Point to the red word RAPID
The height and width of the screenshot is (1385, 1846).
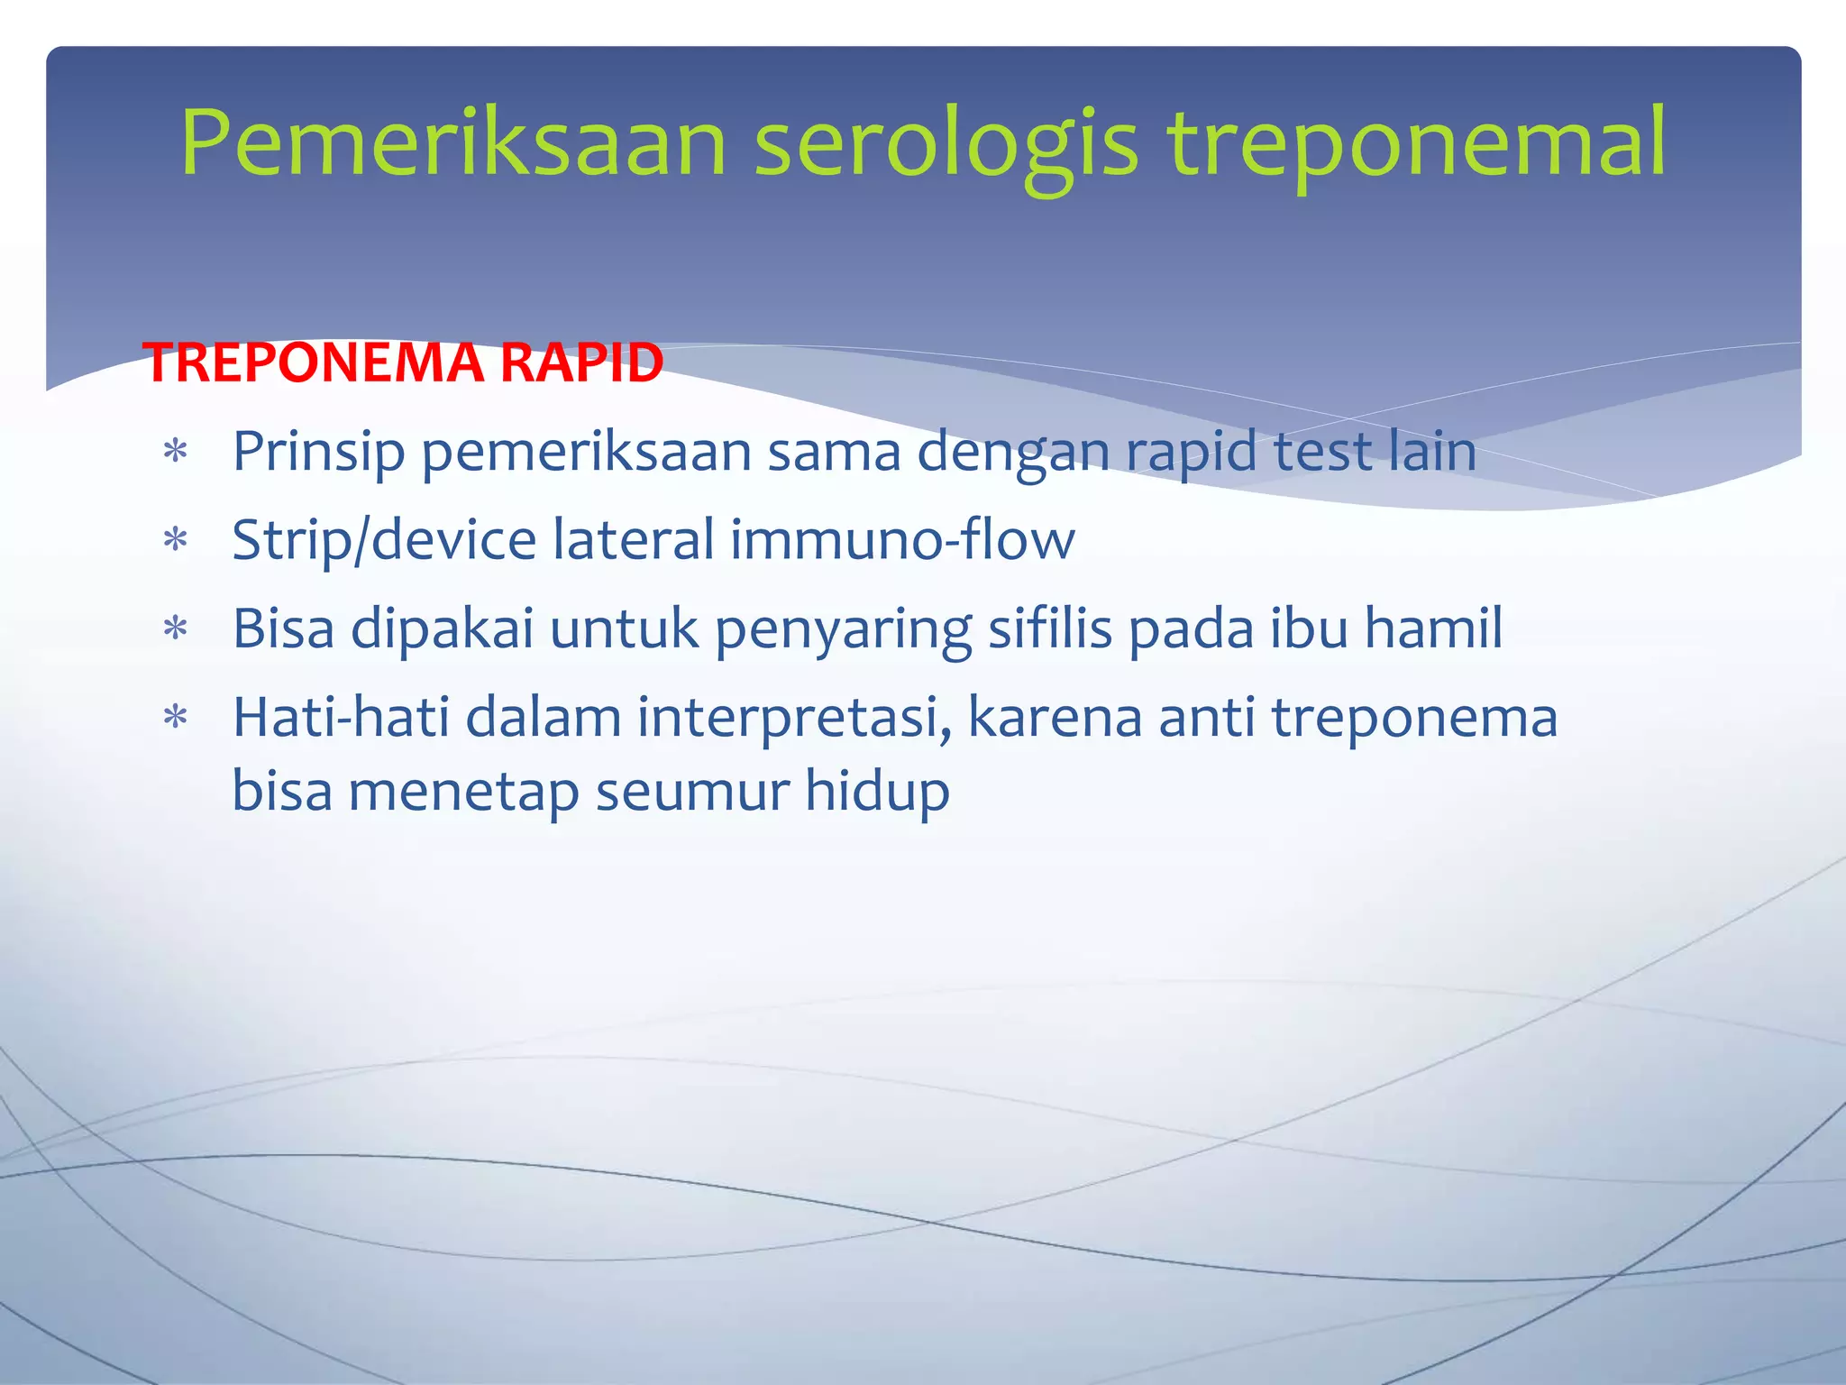(581, 363)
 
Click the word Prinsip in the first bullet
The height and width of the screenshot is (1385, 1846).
(318, 452)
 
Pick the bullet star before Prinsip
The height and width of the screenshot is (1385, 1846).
(175, 451)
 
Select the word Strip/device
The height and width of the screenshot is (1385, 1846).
(385, 541)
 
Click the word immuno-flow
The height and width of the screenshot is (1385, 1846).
(902, 539)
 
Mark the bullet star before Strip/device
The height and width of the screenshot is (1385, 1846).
(175, 540)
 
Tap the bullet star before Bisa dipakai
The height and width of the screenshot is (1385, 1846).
(175, 628)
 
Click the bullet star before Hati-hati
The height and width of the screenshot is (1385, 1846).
(175, 718)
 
